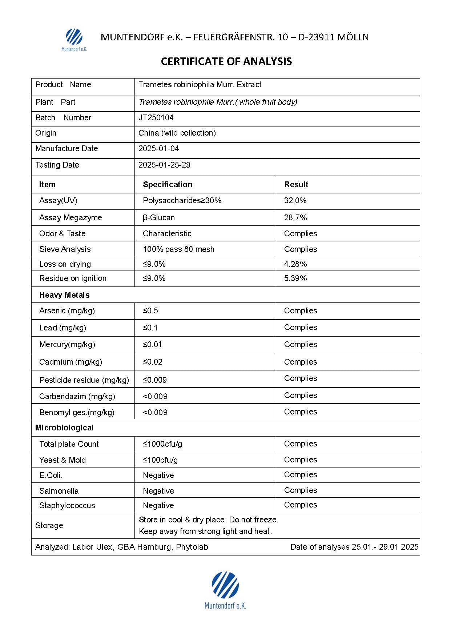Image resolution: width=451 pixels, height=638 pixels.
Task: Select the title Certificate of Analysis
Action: [x=226, y=61]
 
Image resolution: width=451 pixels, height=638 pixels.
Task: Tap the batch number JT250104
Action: [x=156, y=118]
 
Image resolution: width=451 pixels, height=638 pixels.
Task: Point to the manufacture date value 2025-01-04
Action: [x=158, y=149]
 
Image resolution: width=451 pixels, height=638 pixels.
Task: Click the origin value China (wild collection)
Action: [x=177, y=133]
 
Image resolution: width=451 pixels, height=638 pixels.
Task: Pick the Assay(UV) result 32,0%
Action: [x=295, y=201]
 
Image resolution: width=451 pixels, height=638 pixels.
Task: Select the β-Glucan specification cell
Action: [x=159, y=218]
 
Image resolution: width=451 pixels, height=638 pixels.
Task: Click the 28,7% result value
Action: [x=295, y=218]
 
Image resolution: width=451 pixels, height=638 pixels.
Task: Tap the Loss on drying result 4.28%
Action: [x=295, y=264]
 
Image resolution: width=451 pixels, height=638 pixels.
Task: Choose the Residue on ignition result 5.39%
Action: [x=295, y=278]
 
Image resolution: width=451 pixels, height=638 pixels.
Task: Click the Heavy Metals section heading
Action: [x=64, y=295]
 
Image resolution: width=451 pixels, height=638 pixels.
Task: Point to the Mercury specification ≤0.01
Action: [x=152, y=345]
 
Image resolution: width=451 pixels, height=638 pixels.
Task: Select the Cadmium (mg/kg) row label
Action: [x=71, y=362]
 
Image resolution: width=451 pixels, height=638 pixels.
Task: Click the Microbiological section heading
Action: [x=64, y=428]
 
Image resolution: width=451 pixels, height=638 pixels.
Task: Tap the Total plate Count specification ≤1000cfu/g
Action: [x=162, y=444]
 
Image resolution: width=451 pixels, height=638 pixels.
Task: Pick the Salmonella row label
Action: [x=59, y=491]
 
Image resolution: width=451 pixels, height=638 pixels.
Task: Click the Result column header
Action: [x=296, y=185]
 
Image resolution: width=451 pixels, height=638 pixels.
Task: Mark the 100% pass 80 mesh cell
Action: [x=178, y=249]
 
